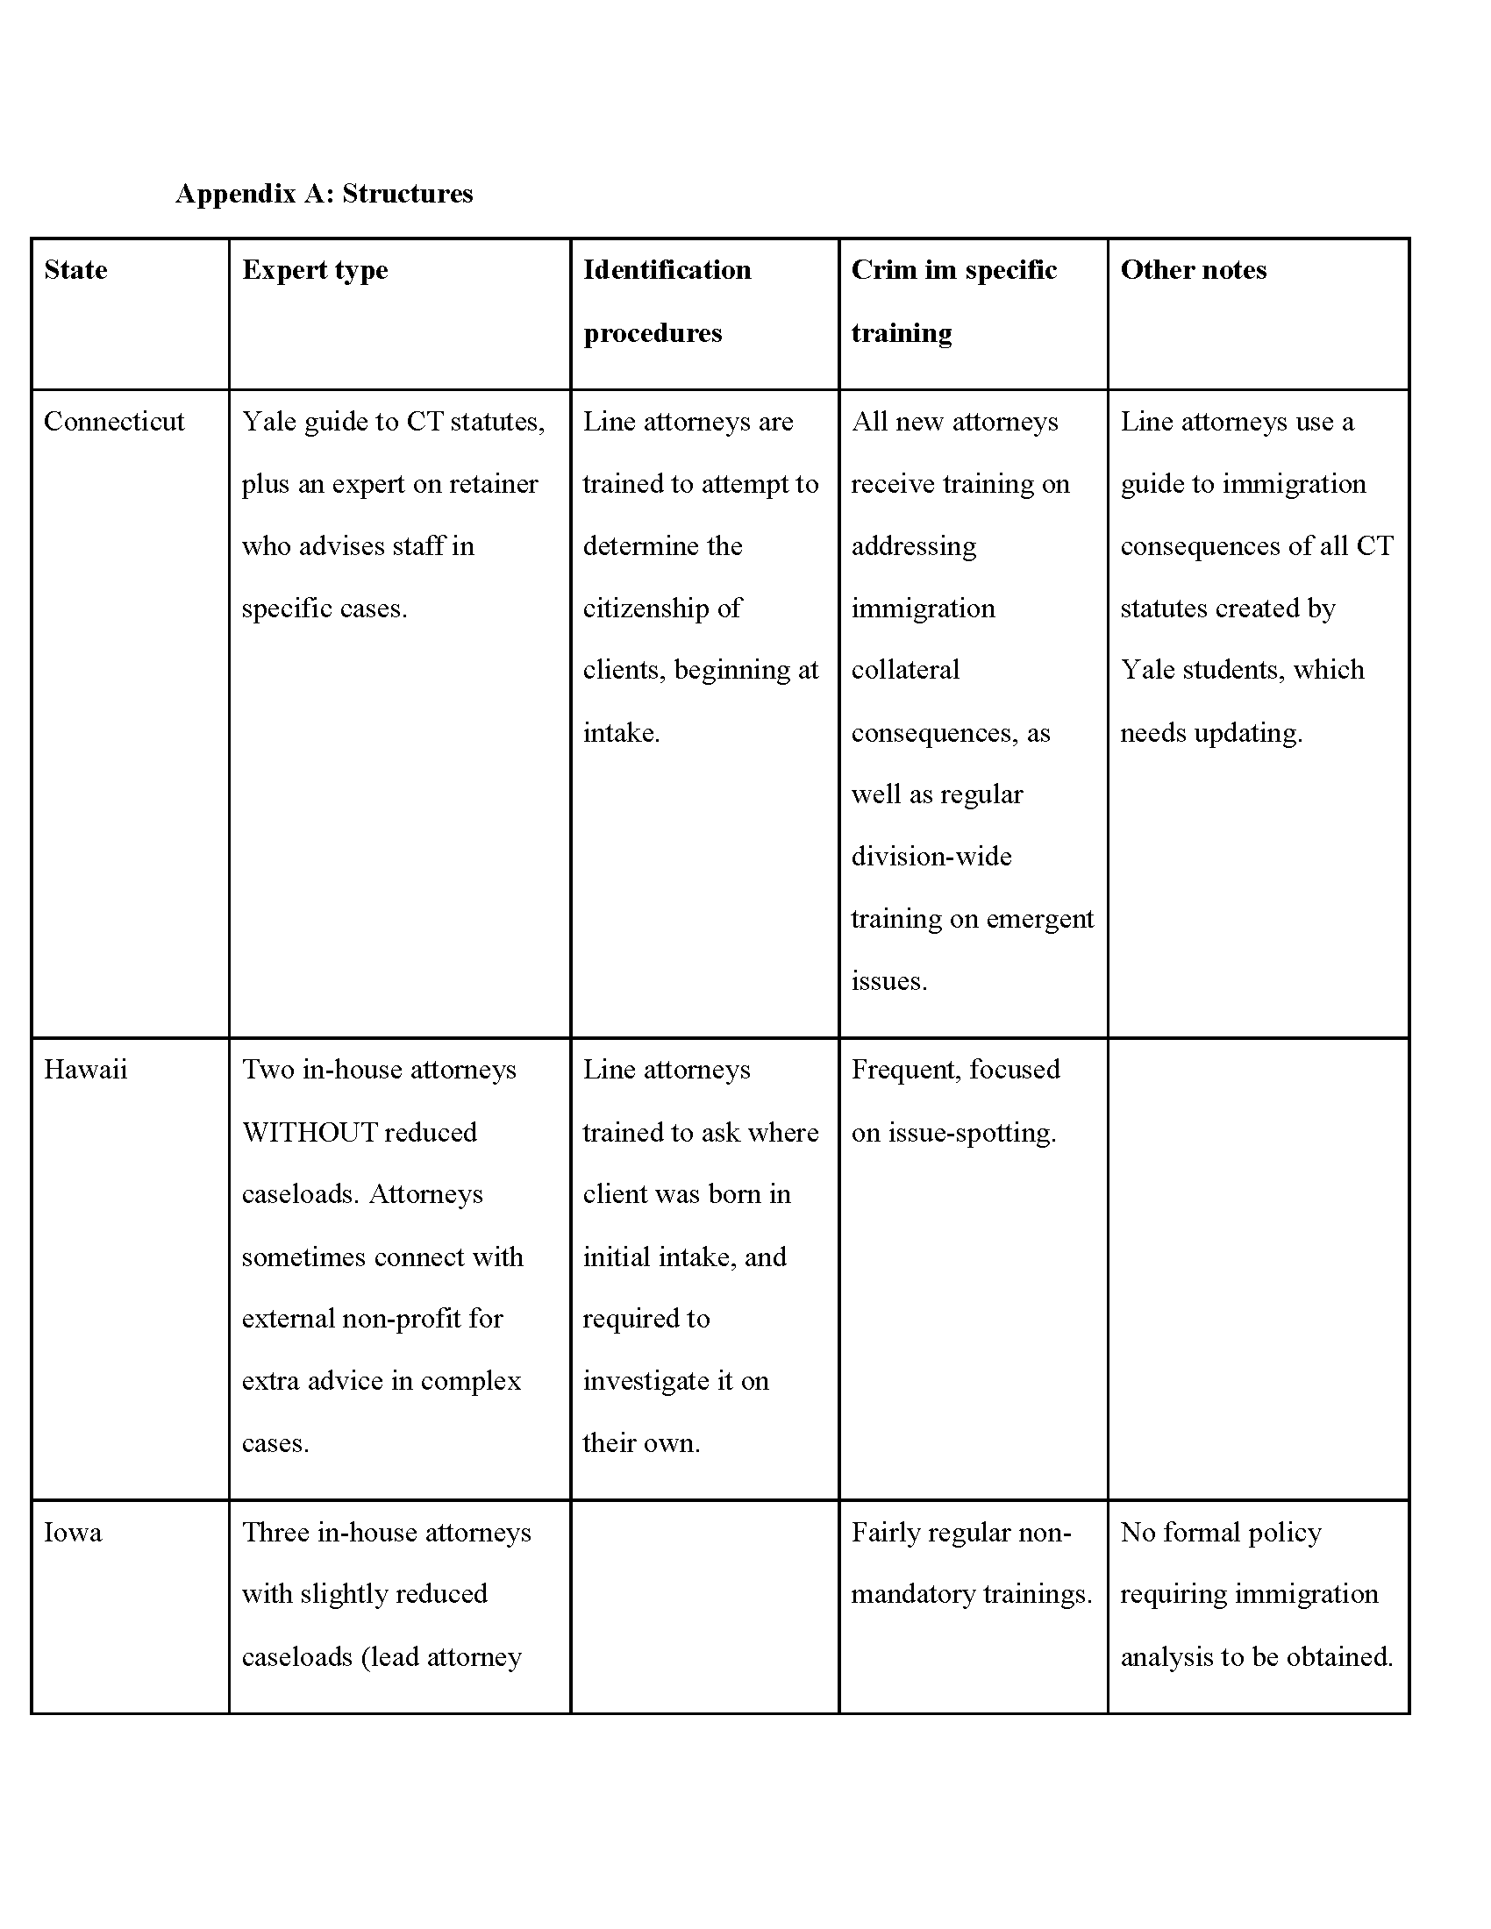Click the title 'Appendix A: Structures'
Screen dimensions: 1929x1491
(x=325, y=194)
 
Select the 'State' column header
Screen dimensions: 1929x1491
(x=76, y=269)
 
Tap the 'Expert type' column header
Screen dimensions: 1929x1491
(x=315, y=270)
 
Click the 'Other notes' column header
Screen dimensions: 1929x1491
(x=1193, y=269)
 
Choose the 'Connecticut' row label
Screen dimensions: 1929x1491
(x=114, y=421)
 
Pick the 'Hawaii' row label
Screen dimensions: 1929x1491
(x=86, y=1070)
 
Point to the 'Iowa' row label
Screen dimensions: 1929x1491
(x=73, y=1532)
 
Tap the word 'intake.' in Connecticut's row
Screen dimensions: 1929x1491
(x=621, y=732)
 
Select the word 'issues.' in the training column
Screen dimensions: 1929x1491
(x=888, y=980)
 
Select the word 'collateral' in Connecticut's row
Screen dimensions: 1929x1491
(x=904, y=670)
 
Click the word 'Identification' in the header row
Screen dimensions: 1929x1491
(x=667, y=269)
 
